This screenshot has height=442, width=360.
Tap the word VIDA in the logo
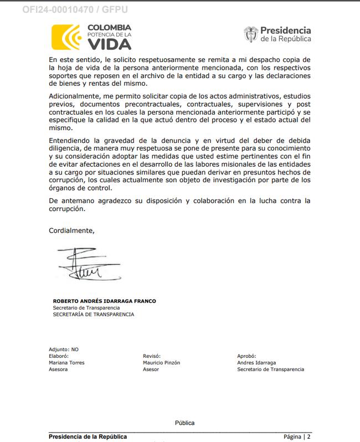109,43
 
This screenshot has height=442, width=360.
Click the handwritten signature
83,265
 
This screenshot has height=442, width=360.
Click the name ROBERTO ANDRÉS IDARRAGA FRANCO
104,301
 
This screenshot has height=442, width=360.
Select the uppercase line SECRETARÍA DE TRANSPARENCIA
93,315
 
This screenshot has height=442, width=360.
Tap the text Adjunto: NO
64,350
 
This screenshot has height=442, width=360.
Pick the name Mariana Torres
67,363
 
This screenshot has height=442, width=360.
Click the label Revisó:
151,356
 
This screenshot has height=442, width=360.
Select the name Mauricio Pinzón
161,363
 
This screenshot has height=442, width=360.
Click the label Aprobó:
246,356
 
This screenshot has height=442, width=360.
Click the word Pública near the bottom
184,423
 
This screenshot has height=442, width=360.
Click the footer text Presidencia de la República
88,436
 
